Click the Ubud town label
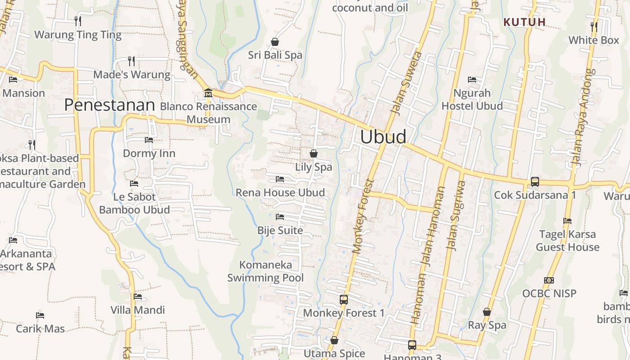383,136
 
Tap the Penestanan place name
109,105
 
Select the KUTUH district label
524,22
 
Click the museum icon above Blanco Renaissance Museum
208,93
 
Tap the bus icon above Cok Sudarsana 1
535,181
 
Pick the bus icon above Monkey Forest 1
344,299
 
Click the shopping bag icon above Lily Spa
314,153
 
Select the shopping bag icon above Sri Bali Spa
275,42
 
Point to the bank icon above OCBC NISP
549,280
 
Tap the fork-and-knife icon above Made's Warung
131,61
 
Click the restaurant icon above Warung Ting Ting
78,21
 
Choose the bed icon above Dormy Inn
149,140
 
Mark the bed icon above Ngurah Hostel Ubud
472,80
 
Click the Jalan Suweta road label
402,83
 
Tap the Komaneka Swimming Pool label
265,271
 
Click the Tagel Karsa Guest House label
567,241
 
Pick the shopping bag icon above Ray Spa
486,311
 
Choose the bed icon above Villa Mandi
138,297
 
